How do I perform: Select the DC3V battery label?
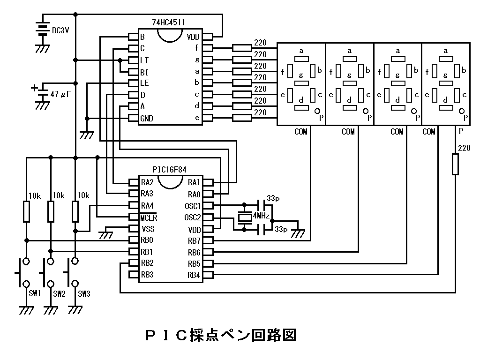(x=60, y=30)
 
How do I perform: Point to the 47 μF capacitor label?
(x=60, y=94)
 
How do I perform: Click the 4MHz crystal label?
(x=261, y=216)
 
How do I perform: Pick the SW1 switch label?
(x=35, y=294)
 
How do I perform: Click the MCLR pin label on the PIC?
(x=149, y=217)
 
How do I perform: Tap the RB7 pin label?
(x=194, y=241)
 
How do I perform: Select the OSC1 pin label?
(x=193, y=206)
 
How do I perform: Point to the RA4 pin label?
(x=147, y=206)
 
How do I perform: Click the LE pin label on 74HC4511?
(x=145, y=83)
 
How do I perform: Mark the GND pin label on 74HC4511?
(x=147, y=119)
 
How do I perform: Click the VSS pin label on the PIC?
(x=148, y=229)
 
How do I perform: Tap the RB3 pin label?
(x=147, y=275)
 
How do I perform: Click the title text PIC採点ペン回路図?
(x=220, y=335)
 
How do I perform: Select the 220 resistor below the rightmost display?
(x=455, y=165)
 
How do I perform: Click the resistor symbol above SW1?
(x=26, y=211)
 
